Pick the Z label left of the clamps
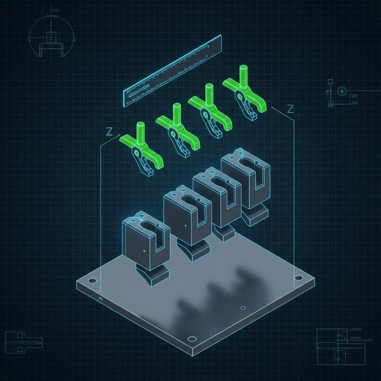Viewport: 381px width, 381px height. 109,131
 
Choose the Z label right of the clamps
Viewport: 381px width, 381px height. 291,109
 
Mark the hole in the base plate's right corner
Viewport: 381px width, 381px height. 298,278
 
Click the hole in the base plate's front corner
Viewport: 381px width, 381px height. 192,339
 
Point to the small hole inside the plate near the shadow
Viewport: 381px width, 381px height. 243,308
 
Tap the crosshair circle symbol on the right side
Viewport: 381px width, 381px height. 341,91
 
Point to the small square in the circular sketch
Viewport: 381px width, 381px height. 51,36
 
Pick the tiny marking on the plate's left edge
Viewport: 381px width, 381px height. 101,298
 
